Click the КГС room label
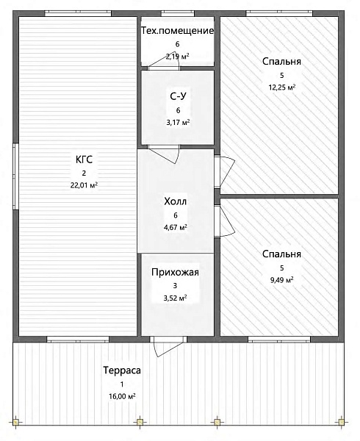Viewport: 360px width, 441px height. pyautogui.click(x=84, y=159)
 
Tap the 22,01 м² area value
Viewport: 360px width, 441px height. pyautogui.click(x=84, y=185)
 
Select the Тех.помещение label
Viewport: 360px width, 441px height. pyautogui.click(x=177, y=31)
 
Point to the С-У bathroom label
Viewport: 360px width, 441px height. pyautogui.click(x=179, y=96)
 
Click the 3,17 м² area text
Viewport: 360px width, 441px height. pyautogui.click(x=179, y=122)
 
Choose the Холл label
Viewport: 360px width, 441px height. pyautogui.click(x=176, y=201)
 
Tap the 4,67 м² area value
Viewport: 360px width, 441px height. pyautogui.click(x=176, y=227)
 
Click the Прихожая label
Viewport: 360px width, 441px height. pyautogui.click(x=175, y=272)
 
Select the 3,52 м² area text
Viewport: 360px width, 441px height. pyautogui.click(x=176, y=298)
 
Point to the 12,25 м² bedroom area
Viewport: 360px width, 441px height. pyautogui.click(x=282, y=87)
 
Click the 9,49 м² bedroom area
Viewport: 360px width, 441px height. pyautogui.click(x=282, y=280)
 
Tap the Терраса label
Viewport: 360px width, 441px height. pyautogui.click(x=122, y=370)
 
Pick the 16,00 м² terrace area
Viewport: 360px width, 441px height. pyautogui.click(x=122, y=396)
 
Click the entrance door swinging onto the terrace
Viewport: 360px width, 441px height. pyautogui.click(x=168, y=346)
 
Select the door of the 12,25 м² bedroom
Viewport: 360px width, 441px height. pyautogui.click(x=224, y=171)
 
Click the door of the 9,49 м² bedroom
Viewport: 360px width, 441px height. pyautogui.click(x=224, y=221)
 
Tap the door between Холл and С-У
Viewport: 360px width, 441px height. pyautogui.click(x=164, y=154)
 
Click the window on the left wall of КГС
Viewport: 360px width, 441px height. pyautogui.click(x=15, y=176)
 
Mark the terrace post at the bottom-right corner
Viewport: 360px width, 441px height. pyautogui.click(x=341, y=422)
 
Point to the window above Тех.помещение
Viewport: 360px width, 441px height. pyautogui.click(x=178, y=13)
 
